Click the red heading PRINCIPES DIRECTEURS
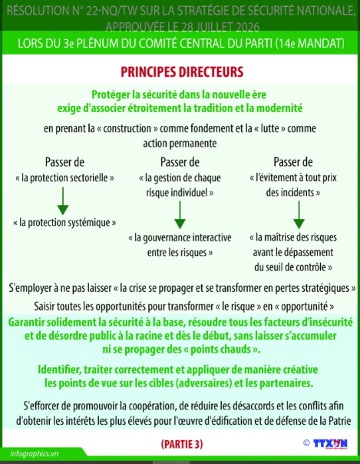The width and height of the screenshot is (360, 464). click(x=182, y=72)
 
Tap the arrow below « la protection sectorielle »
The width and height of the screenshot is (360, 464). click(x=63, y=201)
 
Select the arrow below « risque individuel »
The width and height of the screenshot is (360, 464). click(x=180, y=215)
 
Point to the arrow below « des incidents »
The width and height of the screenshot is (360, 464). click(x=299, y=215)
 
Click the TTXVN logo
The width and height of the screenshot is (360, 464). click(x=330, y=444)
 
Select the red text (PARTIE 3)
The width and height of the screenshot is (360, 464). click(x=182, y=444)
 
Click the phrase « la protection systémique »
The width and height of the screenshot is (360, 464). click(x=64, y=223)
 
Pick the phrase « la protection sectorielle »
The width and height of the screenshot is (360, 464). click(x=64, y=178)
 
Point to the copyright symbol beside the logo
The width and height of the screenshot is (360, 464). click(x=306, y=443)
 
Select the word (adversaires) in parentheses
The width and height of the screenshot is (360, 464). click(x=203, y=383)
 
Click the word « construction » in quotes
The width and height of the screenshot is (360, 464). click(x=127, y=128)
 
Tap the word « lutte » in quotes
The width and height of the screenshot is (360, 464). click(x=269, y=128)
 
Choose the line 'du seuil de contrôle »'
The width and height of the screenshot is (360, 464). click(x=293, y=267)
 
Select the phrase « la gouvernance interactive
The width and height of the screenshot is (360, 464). click(x=180, y=237)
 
